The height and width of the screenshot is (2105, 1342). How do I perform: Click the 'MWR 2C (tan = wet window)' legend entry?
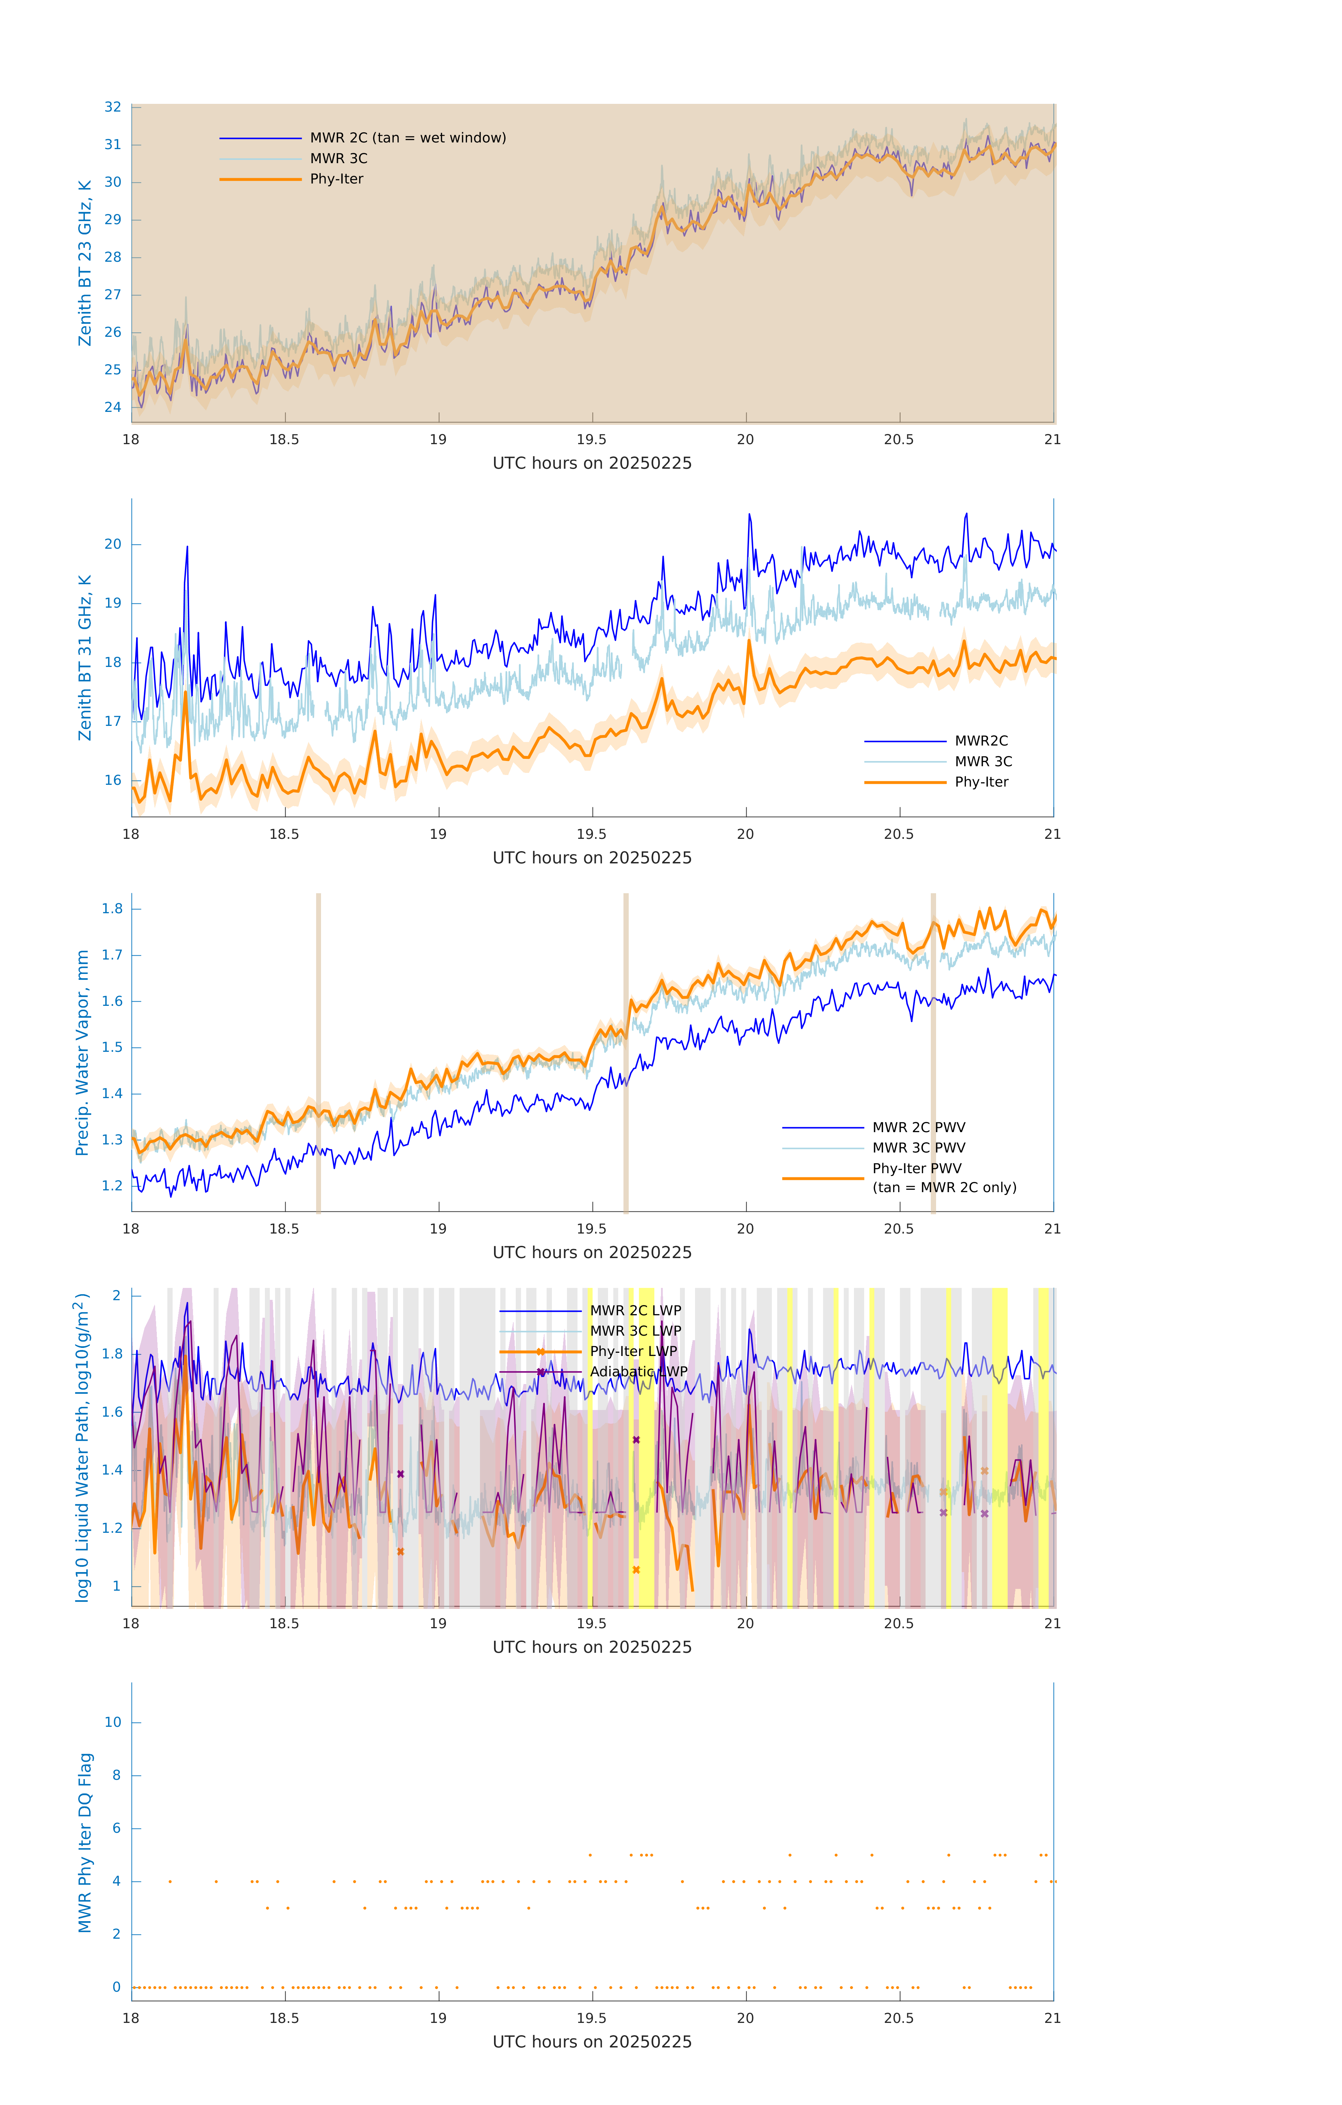[407, 138]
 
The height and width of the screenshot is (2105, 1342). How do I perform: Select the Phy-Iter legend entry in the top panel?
[336, 179]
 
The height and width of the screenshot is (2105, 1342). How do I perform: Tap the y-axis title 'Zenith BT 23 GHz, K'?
[85, 263]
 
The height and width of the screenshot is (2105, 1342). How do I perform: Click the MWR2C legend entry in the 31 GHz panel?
[981, 741]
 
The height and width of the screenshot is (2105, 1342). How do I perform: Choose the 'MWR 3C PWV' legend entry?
[919, 1148]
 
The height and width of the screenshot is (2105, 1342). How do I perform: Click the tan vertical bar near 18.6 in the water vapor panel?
[318, 1053]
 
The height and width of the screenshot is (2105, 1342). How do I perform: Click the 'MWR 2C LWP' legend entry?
[636, 1310]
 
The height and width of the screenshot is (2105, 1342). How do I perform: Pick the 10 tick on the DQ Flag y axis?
[113, 1723]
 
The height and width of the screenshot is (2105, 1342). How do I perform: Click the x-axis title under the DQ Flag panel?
[592, 2042]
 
